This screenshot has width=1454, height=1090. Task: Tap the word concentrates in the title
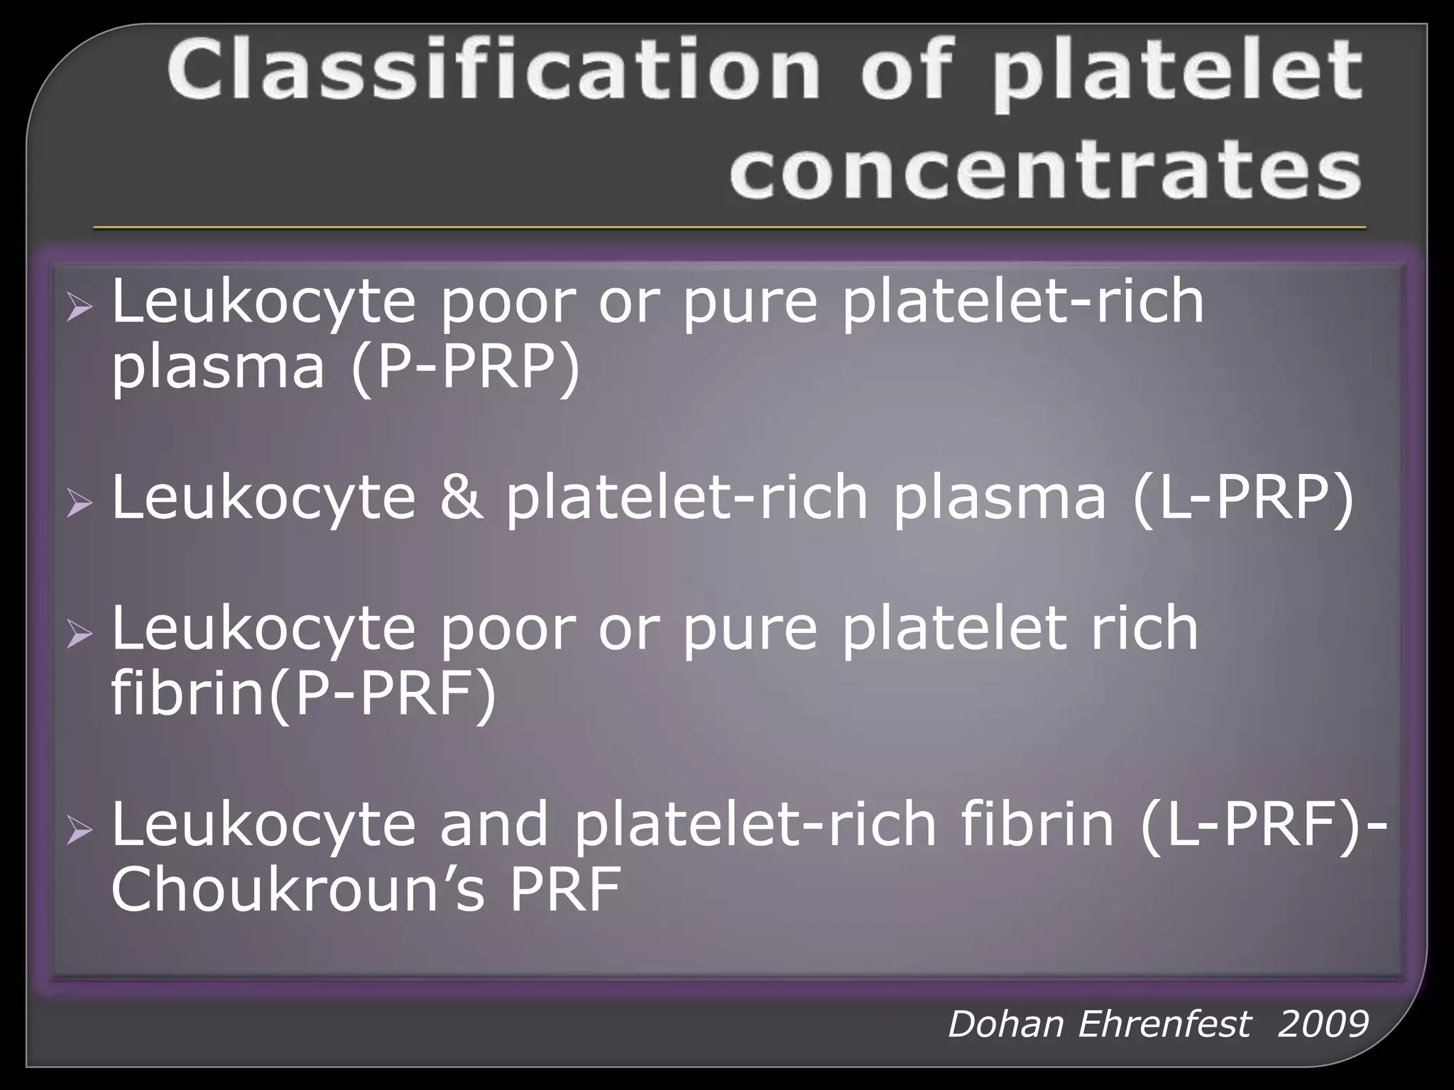(x=1045, y=169)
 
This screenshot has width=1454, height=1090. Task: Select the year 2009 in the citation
(x=1322, y=1024)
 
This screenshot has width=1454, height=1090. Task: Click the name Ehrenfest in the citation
(x=1164, y=1024)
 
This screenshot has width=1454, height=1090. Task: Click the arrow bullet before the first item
(x=79, y=308)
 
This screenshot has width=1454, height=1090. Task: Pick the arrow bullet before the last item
(x=79, y=831)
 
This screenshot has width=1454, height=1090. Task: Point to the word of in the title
(x=905, y=71)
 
